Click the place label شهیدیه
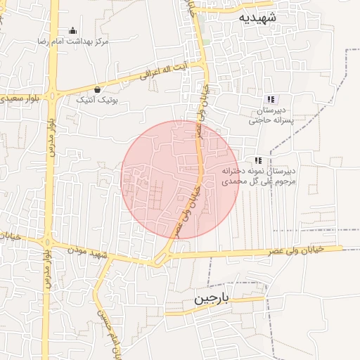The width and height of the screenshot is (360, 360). (x=257, y=16)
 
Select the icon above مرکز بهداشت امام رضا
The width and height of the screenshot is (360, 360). (x=73, y=30)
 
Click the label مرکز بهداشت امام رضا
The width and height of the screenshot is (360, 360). (x=75, y=42)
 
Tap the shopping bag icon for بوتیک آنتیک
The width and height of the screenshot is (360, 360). (x=96, y=89)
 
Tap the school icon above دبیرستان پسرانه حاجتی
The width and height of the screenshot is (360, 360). (x=271, y=99)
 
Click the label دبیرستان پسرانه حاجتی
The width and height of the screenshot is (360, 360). (x=272, y=115)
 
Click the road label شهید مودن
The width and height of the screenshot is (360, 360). (x=90, y=251)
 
